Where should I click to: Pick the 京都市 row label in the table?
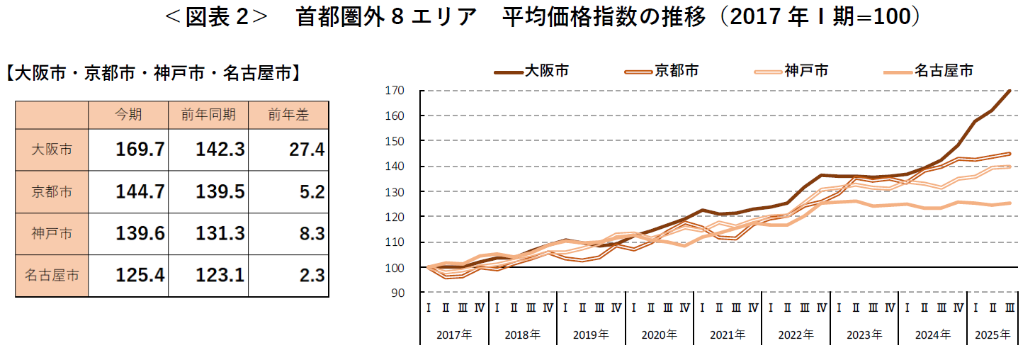52,191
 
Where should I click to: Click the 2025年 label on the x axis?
992,334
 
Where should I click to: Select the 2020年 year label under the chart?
660,334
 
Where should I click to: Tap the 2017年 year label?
454,334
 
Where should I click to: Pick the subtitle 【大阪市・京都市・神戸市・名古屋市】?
153,73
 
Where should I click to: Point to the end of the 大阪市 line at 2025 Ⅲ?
1009,91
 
